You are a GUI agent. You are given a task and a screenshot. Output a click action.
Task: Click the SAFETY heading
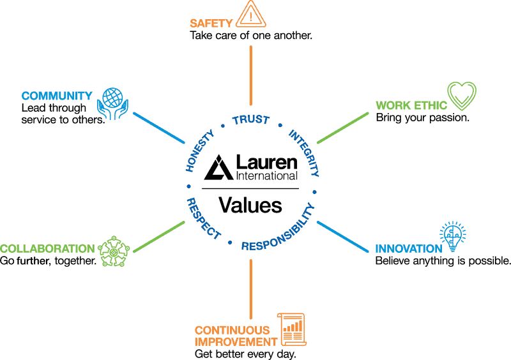(211, 24)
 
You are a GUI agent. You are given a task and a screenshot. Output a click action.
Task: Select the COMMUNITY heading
(57, 96)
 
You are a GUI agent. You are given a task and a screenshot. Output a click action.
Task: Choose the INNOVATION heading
(408, 249)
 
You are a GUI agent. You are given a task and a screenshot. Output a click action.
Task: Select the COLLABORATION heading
(48, 248)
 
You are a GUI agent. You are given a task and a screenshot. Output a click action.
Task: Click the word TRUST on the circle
(250, 120)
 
